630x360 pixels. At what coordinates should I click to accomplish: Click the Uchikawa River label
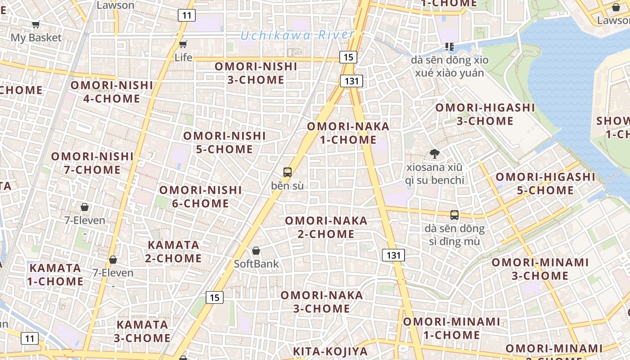(297, 35)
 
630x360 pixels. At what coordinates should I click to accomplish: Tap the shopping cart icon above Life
(183, 44)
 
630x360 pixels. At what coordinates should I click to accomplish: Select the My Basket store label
(36, 38)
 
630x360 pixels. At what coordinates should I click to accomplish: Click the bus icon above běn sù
(287, 172)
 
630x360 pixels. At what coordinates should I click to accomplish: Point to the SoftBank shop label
(256, 264)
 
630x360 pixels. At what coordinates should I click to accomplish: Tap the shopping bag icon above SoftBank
(256, 251)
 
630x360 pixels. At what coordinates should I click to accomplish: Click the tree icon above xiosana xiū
(434, 154)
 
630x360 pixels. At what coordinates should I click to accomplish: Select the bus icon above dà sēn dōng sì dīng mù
(454, 215)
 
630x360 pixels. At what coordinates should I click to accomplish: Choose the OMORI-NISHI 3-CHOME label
(256, 73)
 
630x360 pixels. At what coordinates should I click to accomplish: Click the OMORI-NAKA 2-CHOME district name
(326, 227)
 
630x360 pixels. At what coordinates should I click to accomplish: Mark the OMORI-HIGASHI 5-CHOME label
(545, 184)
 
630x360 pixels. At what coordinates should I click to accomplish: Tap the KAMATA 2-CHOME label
(173, 252)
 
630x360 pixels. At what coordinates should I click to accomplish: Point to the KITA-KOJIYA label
(330, 351)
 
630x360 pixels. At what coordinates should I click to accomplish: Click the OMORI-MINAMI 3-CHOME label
(540, 269)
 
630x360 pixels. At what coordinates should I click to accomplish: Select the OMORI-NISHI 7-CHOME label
(92, 163)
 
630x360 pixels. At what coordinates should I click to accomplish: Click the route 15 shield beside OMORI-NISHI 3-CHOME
(348, 57)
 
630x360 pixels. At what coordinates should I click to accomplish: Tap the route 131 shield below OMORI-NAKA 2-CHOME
(393, 255)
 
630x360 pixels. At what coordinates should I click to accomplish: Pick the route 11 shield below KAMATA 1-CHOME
(30, 338)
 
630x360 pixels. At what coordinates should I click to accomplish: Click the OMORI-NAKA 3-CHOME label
(322, 301)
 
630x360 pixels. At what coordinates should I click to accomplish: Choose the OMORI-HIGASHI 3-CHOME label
(485, 114)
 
